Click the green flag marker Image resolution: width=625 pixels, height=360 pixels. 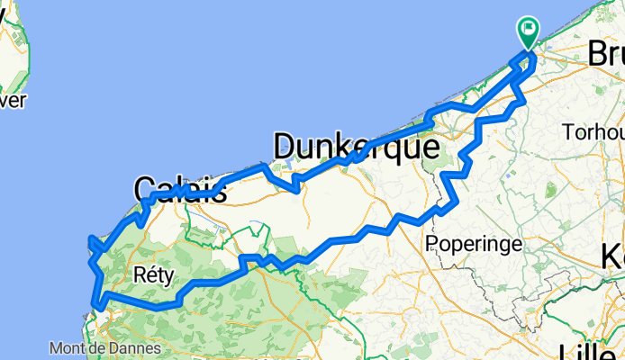[x=527, y=32]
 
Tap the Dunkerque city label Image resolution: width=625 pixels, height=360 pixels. [x=355, y=147]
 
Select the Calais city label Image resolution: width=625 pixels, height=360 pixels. [x=179, y=189]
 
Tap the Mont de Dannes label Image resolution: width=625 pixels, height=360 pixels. [x=105, y=348]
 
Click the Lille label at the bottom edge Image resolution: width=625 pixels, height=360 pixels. [x=590, y=351]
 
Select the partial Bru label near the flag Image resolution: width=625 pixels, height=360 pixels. [x=606, y=54]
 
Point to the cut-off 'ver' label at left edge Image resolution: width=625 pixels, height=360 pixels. [x=12, y=101]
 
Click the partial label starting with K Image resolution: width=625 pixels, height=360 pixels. [x=613, y=257]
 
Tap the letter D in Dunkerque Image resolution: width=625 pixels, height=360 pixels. [x=285, y=147]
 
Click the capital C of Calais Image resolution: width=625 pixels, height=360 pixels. [x=145, y=189]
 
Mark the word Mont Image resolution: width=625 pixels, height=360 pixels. [x=68, y=348]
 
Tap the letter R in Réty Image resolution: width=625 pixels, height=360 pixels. [x=137, y=274]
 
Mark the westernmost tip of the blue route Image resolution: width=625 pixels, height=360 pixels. [x=88, y=239]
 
